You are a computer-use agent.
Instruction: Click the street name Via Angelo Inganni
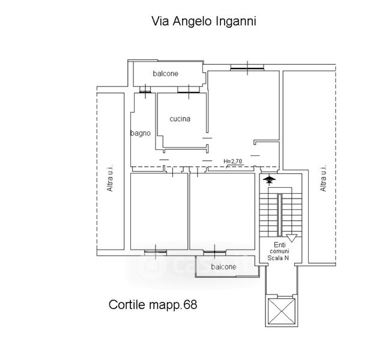tap(202, 22)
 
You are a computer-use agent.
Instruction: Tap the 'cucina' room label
tap(180, 119)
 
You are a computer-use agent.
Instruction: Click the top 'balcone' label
tap(165, 74)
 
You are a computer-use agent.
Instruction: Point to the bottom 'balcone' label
tap(223, 266)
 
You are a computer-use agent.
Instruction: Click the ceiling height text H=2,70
tap(232, 161)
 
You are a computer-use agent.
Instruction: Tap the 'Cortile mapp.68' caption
tap(153, 304)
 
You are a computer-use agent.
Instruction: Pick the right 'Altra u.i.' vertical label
tap(323, 178)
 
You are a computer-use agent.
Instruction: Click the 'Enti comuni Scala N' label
tap(280, 251)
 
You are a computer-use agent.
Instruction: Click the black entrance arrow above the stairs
tap(268, 178)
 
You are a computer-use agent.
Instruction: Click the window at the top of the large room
tap(246, 67)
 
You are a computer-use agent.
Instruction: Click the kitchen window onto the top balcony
tap(189, 91)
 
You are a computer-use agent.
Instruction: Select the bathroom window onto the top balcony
tap(145, 91)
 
